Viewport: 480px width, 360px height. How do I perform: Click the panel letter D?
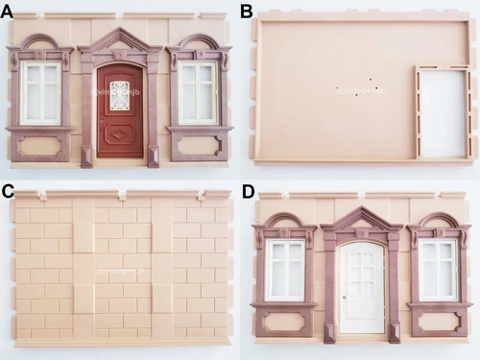click(x=248, y=191)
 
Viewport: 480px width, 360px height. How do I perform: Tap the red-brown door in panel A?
click(x=120, y=110)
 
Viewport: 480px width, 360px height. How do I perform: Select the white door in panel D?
click(x=361, y=288)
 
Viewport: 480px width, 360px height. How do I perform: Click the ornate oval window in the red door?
click(x=120, y=95)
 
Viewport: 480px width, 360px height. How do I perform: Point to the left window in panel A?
click(x=39, y=93)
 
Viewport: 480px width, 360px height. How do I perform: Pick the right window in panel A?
click(x=198, y=93)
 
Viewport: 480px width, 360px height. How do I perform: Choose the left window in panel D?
click(x=284, y=270)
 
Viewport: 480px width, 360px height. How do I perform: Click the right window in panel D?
click(x=438, y=270)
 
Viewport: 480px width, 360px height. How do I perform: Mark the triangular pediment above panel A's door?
click(x=120, y=40)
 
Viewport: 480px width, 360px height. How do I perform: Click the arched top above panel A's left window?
click(x=39, y=43)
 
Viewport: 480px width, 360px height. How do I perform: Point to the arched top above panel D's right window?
click(x=438, y=222)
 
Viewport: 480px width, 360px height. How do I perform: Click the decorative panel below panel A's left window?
click(x=39, y=146)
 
